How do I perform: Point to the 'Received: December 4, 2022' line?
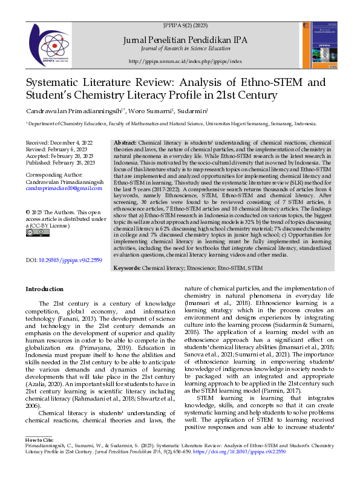(x=59, y=141)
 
